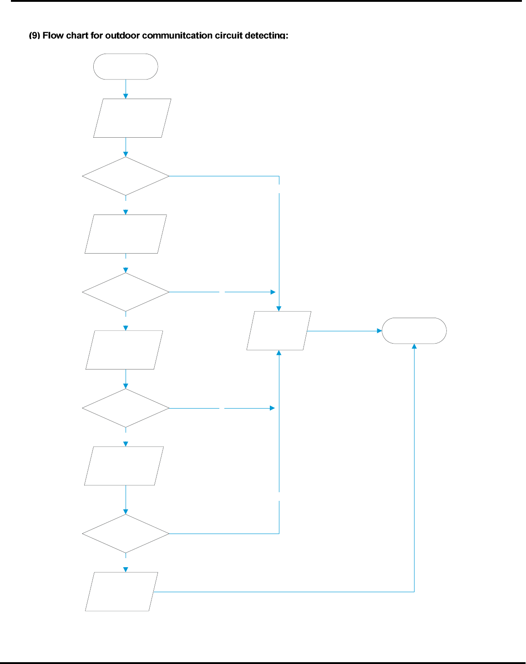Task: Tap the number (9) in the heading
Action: (35, 35)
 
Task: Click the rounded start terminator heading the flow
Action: (126, 67)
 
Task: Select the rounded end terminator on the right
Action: (414, 331)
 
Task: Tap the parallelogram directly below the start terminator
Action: (132, 118)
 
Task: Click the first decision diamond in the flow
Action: (126, 176)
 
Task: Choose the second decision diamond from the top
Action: (126, 292)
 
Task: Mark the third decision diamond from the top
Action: (126, 408)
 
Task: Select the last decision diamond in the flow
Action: (126, 534)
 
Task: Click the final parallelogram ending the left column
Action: (121, 592)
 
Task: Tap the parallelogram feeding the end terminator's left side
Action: (279, 331)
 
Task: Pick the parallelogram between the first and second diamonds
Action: (126, 234)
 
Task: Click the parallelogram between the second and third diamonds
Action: (124, 350)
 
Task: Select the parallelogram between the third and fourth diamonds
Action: (124, 466)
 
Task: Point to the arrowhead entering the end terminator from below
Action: (414, 347)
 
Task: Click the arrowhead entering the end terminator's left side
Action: (379, 331)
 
